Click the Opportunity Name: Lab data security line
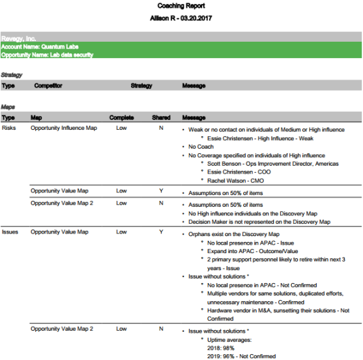click(48, 55)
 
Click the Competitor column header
click(49, 85)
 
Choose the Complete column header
click(121, 117)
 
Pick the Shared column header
click(161, 117)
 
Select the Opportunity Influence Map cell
click(64, 128)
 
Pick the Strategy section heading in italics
click(12, 75)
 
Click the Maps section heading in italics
click(8, 107)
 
